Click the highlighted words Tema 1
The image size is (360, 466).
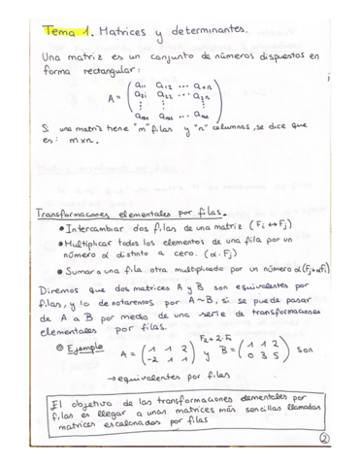(65, 34)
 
